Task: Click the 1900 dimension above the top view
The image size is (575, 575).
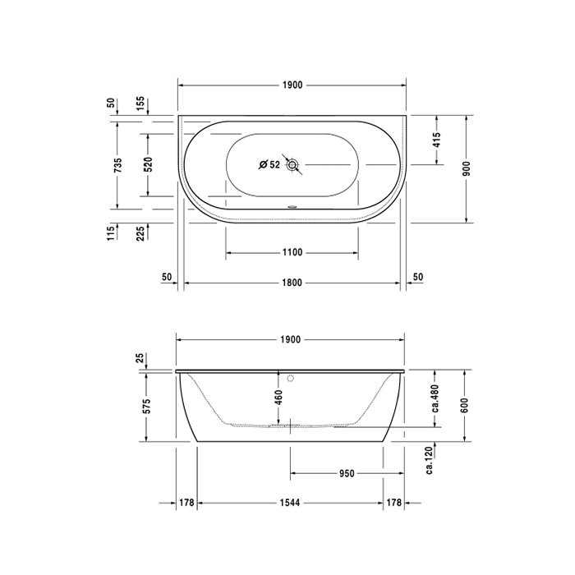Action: click(292, 85)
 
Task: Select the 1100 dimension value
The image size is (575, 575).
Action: click(292, 252)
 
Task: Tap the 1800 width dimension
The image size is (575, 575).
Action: click(292, 283)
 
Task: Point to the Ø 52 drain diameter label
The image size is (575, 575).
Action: click(269, 165)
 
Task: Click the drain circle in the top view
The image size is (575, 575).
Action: click(292, 164)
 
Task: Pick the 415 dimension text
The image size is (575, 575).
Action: click(436, 140)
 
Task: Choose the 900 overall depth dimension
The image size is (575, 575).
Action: click(466, 168)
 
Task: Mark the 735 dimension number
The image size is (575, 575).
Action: click(117, 165)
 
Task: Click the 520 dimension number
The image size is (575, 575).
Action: click(148, 164)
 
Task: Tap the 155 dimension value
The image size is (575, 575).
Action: click(140, 105)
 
